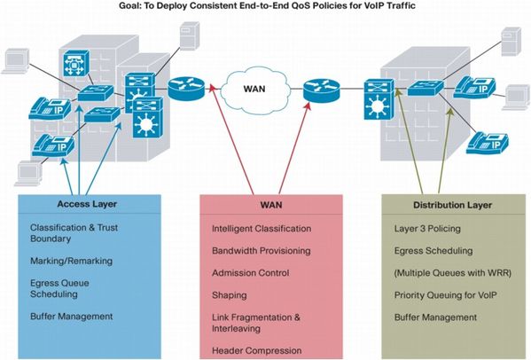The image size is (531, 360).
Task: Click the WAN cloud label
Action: pyautogui.click(x=254, y=89)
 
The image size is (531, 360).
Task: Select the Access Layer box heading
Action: pyautogui.click(x=87, y=204)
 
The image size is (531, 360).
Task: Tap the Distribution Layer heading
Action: pyautogui.click(x=452, y=205)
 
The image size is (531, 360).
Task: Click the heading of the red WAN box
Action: pyautogui.click(x=271, y=205)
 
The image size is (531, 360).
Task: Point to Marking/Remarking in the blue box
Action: pyautogui.click(x=71, y=261)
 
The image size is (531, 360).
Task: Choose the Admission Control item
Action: pyautogui.click(x=251, y=273)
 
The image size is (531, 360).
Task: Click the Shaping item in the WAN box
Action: pyautogui.click(x=230, y=295)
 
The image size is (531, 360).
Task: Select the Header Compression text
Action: pyautogui.click(x=257, y=350)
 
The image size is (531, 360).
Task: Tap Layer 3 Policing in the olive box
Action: pyautogui.click(x=427, y=229)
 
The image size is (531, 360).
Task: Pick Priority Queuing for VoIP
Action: pyautogui.click(x=445, y=295)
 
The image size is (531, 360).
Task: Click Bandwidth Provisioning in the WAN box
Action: pyautogui.click(x=262, y=251)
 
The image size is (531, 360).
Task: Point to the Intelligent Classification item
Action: pyautogui.click(x=262, y=229)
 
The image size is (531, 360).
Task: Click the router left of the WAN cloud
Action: pyautogui.click(x=186, y=89)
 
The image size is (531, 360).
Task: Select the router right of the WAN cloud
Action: pyautogui.click(x=321, y=90)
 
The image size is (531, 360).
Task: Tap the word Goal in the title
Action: pyautogui.click(x=128, y=5)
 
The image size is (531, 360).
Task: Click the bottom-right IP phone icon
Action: pyautogui.click(x=488, y=144)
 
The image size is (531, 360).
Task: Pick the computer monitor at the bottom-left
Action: pyautogui.click(x=29, y=174)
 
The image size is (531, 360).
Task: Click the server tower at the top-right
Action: pyautogui.click(x=511, y=42)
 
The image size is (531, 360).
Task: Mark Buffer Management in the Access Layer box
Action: pyautogui.click(x=72, y=317)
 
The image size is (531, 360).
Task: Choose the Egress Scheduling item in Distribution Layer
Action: pyautogui.click(x=433, y=251)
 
